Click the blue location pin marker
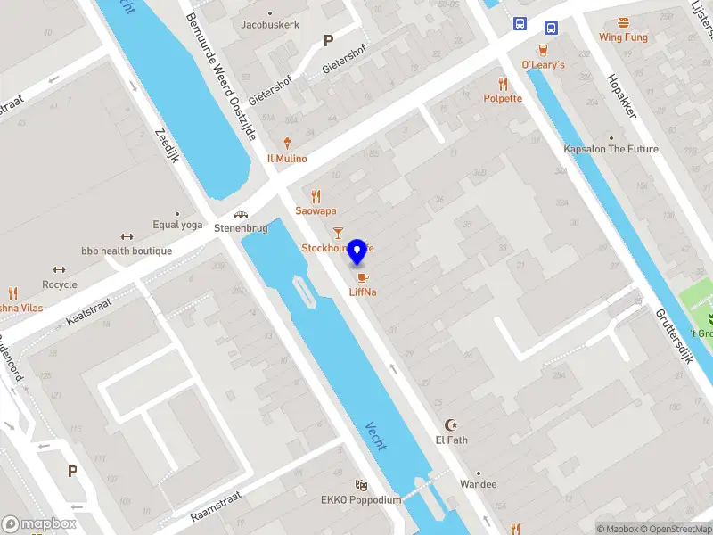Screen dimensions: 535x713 click(x=357, y=251)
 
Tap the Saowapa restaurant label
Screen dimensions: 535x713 click(x=316, y=210)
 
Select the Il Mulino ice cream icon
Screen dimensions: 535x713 click(x=287, y=143)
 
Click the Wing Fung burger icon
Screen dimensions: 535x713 click(x=623, y=22)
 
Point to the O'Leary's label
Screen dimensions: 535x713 click(x=543, y=65)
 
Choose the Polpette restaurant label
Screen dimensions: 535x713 click(x=503, y=98)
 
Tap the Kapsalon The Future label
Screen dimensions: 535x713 click(x=611, y=149)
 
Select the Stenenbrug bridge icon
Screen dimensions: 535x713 click(x=241, y=214)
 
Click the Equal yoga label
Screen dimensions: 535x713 click(x=177, y=225)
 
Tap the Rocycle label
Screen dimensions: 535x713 click(x=60, y=284)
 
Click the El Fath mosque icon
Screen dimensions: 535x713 click(x=451, y=425)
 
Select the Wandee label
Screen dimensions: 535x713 click(x=479, y=484)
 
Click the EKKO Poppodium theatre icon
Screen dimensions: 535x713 click(x=361, y=484)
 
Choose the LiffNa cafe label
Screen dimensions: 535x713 click(x=362, y=292)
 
